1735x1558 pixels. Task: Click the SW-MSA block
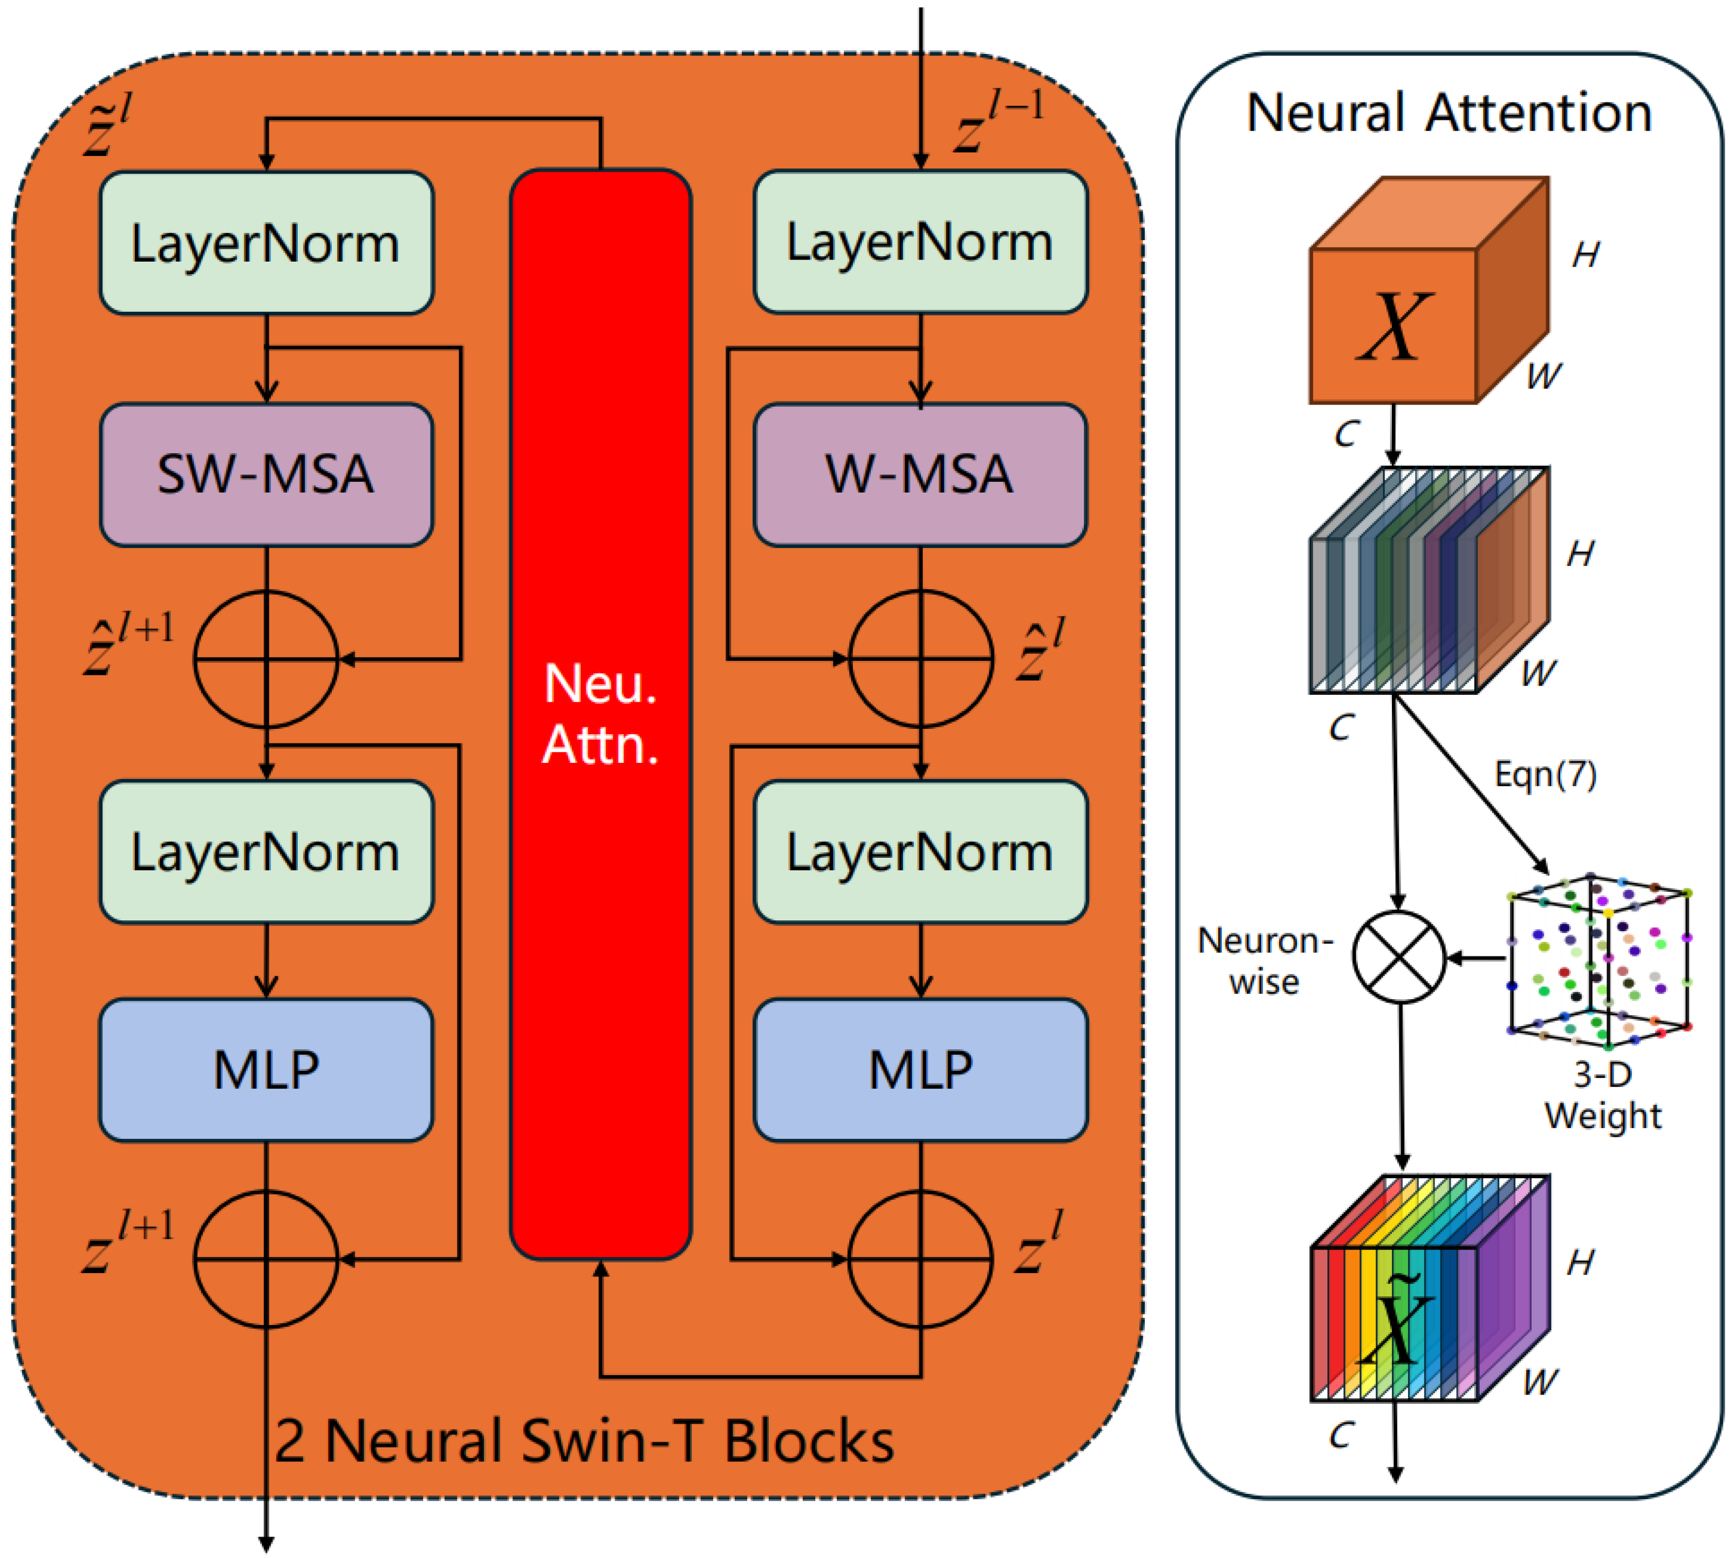[266, 474]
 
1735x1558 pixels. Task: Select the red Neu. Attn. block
[600, 714]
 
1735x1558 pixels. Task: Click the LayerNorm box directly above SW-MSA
[266, 243]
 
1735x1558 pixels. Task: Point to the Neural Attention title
[1448, 113]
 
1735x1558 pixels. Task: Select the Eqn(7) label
[1545, 775]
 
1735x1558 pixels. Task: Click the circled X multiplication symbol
[1398, 957]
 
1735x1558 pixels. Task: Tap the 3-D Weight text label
[1602, 1096]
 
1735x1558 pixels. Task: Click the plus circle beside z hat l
[920, 659]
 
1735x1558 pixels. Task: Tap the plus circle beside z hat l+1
[266, 659]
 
